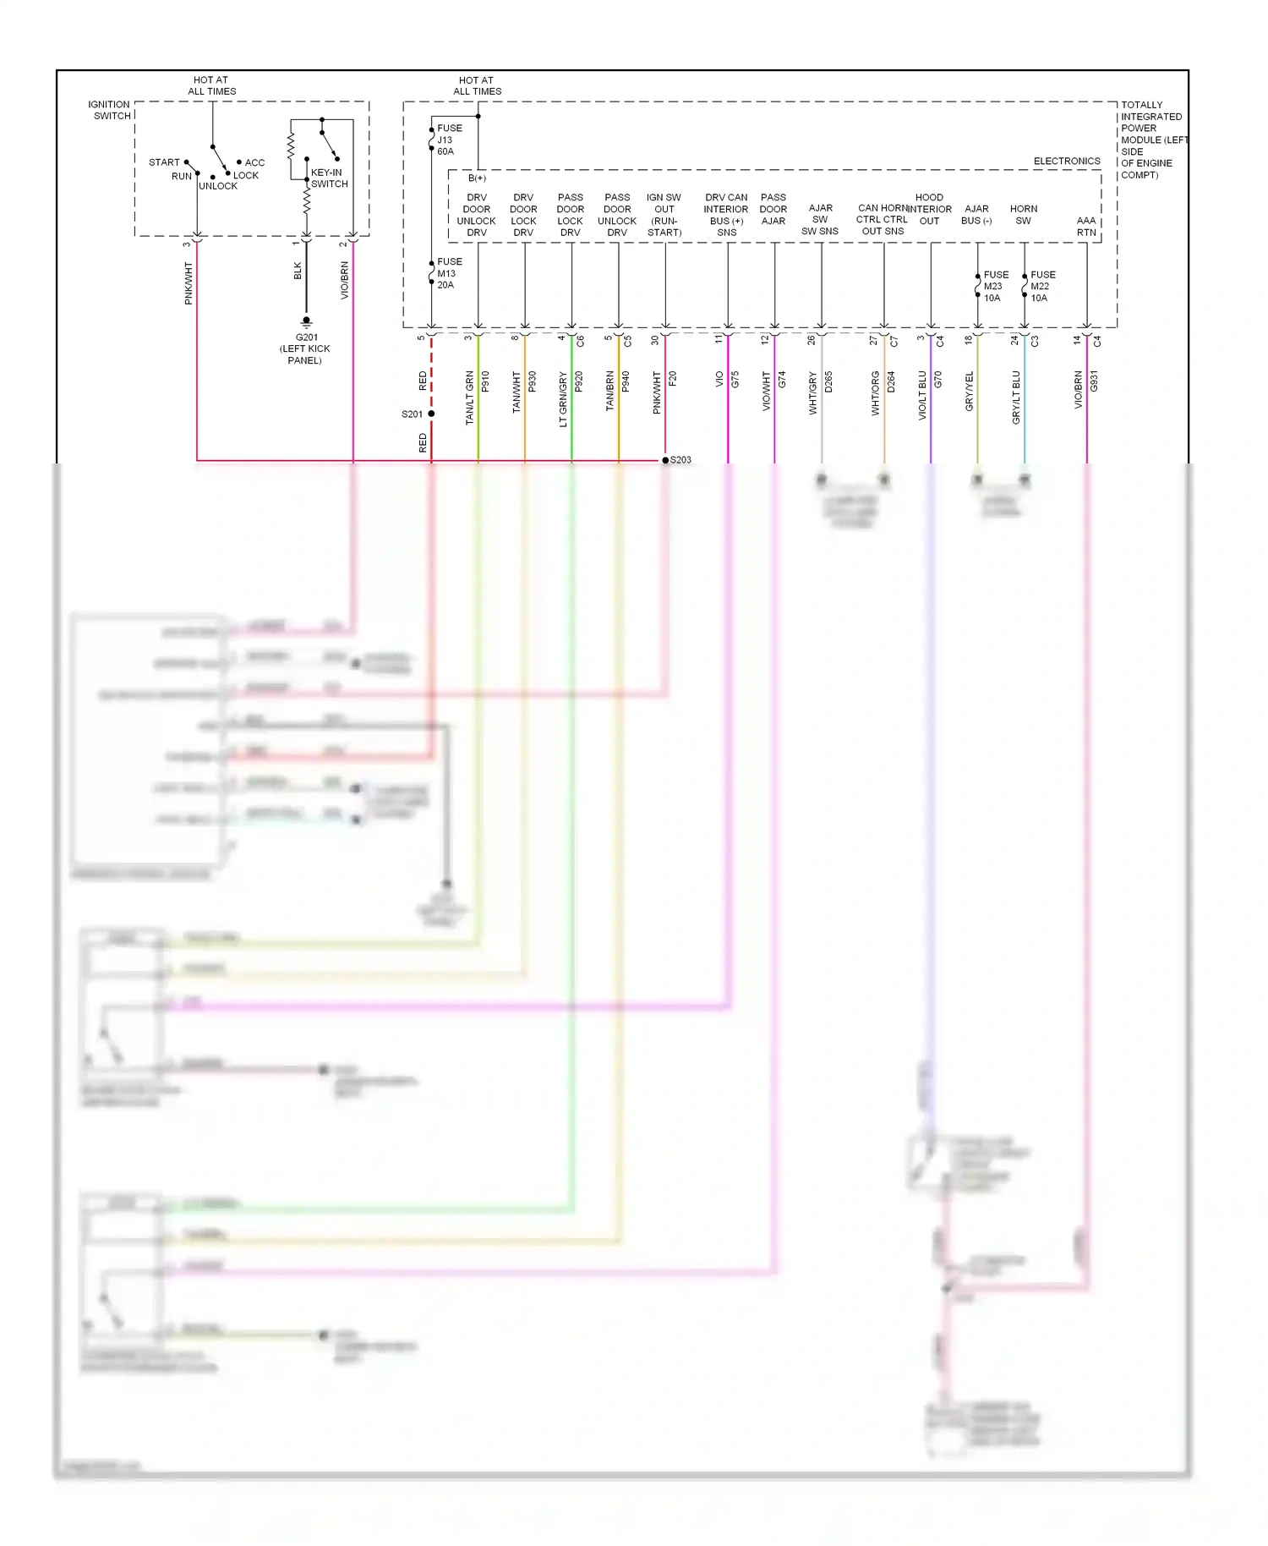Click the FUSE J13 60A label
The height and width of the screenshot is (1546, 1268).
click(x=449, y=140)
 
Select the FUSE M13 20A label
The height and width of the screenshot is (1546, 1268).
click(x=449, y=273)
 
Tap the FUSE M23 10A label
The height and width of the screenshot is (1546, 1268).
click(x=995, y=287)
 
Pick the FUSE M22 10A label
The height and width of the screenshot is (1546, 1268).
click(x=1042, y=287)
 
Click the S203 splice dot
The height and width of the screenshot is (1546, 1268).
click(x=665, y=460)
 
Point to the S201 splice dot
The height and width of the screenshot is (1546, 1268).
click(x=431, y=414)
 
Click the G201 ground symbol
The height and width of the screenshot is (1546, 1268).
click(x=306, y=322)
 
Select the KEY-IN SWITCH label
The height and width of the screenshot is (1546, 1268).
click(x=328, y=178)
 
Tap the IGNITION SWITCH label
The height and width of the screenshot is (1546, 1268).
click(x=110, y=110)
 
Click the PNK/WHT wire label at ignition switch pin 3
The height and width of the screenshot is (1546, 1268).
click(x=189, y=283)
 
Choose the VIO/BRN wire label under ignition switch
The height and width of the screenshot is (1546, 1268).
click(x=345, y=281)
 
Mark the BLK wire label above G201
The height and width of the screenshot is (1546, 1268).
click(x=298, y=271)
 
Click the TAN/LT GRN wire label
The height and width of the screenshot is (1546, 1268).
click(x=469, y=397)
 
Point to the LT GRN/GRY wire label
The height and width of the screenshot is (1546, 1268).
click(x=563, y=399)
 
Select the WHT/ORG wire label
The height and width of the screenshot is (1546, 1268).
click(x=876, y=393)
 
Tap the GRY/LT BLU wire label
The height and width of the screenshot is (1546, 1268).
click(x=1016, y=397)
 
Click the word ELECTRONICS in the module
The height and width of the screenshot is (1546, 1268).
click(x=1067, y=161)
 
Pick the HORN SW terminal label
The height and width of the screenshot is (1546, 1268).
click(x=1023, y=215)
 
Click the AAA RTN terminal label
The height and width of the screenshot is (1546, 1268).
click(x=1086, y=227)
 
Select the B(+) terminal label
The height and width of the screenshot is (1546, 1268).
click(x=477, y=178)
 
